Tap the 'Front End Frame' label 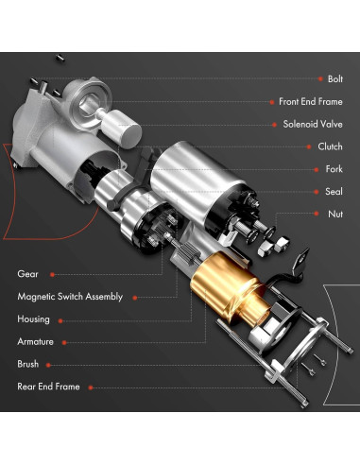click(x=310, y=101)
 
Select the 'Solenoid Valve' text click(x=312, y=124)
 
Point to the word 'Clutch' click(x=331, y=146)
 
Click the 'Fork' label click(x=334, y=169)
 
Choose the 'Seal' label click(x=334, y=192)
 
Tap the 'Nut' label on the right click(x=335, y=215)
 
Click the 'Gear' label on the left click(x=27, y=274)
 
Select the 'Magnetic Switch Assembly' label click(x=70, y=297)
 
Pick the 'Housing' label click(x=33, y=319)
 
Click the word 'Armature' click(x=36, y=341)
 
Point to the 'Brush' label click(x=28, y=364)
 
